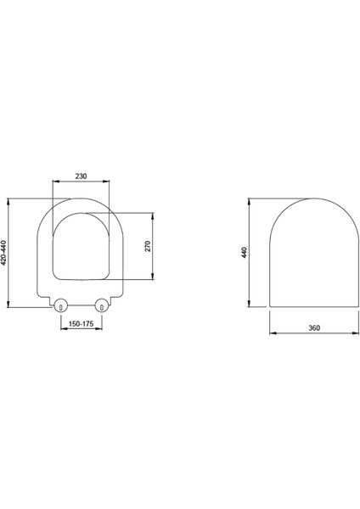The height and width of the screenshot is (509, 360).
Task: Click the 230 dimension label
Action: click(81, 176)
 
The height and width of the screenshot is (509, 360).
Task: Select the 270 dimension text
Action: click(148, 246)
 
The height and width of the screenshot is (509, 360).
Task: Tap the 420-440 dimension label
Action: click(3, 252)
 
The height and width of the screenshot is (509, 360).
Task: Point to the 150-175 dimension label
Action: click(82, 324)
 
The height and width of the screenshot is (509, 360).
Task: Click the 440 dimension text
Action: click(245, 253)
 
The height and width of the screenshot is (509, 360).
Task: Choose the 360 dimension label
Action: click(314, 327)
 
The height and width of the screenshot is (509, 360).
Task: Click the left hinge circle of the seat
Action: click(60, 305)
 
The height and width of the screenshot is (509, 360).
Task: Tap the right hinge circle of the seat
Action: click(101, 305)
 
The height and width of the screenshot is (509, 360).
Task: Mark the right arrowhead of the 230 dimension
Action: click(106, 182)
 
